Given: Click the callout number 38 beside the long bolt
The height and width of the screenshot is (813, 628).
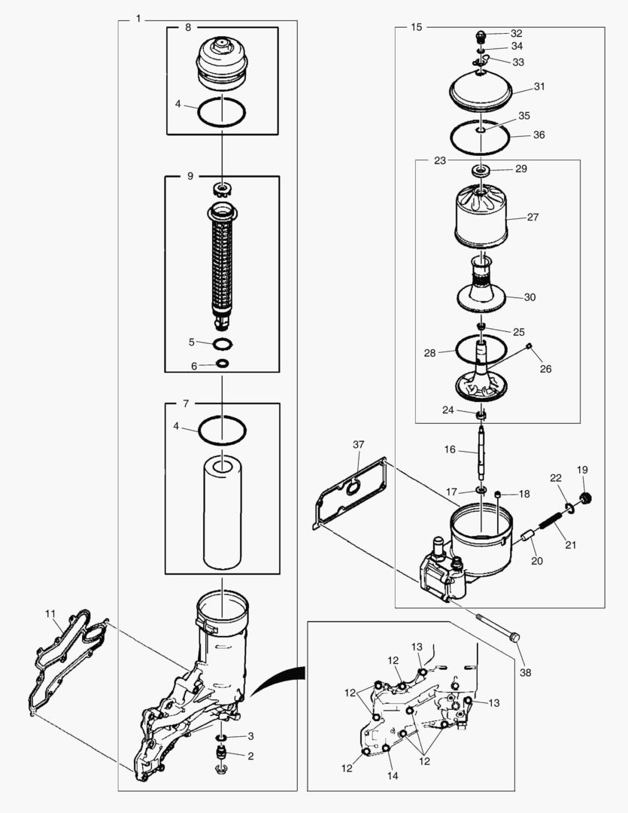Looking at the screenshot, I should (525, 672).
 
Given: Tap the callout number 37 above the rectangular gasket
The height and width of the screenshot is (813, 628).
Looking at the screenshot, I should (359, 446).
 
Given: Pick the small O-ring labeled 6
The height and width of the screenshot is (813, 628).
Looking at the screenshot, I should (223, 364).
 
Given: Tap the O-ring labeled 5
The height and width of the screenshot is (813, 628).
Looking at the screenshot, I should (223, 344).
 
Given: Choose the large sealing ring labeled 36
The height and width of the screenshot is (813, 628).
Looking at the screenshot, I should (481, 137).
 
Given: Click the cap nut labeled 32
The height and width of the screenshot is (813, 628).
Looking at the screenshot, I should (482, 35).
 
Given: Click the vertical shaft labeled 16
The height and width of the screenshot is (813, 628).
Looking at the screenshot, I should (482, 452).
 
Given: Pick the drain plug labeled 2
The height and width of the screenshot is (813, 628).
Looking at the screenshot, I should (223, 754).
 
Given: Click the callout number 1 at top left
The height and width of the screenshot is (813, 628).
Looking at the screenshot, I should (138, 18).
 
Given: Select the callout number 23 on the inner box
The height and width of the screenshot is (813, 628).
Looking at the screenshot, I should (440, 160).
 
